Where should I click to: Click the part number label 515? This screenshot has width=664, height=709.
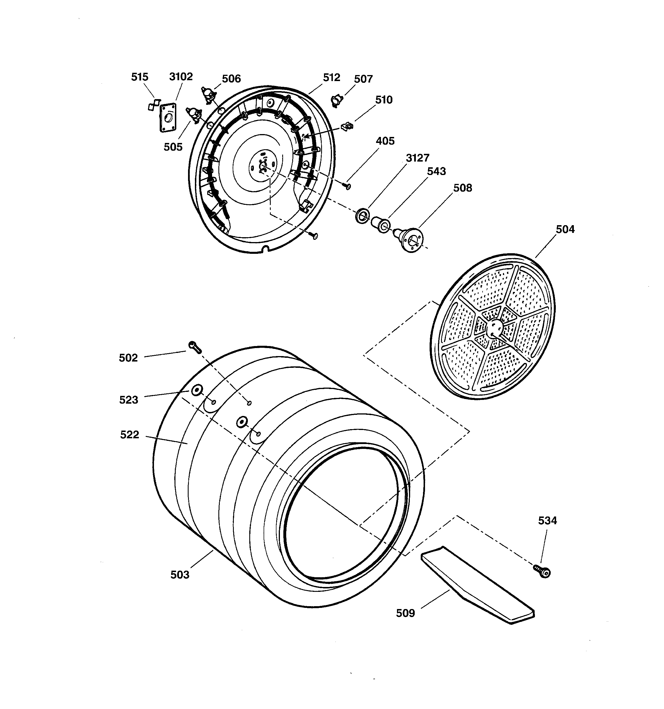click(x=139, y=77)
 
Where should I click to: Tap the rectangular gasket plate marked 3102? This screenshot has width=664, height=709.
click(x=168, y=118)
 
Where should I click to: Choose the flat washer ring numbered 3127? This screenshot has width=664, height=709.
click(x=362, y=216)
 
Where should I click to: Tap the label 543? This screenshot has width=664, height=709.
click(x=436, y=171)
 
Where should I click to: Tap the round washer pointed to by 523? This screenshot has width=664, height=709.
click(x=196, y=390)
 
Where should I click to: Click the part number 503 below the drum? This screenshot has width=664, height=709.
click(x=180, y=575)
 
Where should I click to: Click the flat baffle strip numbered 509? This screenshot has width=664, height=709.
click(x=478, y=585)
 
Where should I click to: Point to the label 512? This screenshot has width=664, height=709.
click(x=331, y=77)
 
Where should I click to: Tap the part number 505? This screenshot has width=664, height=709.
click(x=173, y=147)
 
